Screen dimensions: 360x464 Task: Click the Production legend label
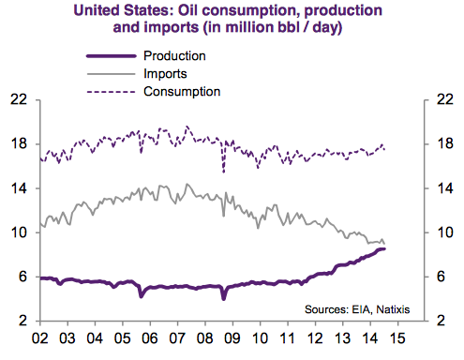[x=175, y=56]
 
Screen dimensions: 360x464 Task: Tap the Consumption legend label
[x=182, y=91]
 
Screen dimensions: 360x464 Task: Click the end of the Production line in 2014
[x=384, y=248]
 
